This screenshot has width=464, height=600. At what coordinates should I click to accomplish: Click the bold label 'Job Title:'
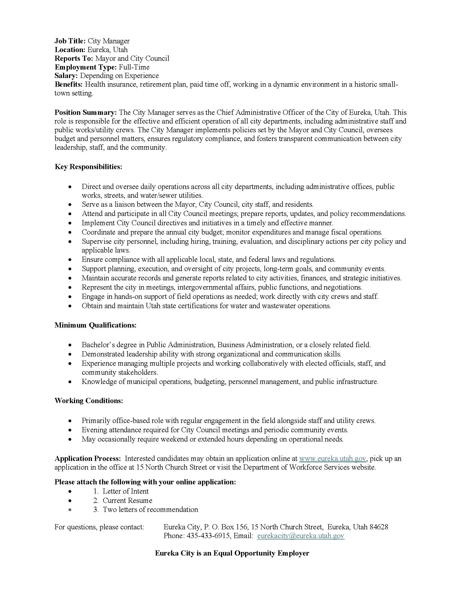70,41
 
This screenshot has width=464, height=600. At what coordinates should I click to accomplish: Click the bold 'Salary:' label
66,76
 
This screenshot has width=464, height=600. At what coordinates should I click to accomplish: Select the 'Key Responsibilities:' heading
88,167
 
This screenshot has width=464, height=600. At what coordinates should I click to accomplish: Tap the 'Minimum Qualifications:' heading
95,325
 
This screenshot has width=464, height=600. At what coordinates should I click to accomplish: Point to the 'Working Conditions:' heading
88,401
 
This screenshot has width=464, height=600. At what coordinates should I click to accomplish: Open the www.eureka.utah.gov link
332,458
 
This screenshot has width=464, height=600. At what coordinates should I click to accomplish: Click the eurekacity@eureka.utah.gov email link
301,536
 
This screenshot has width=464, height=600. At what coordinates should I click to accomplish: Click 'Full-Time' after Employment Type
134,67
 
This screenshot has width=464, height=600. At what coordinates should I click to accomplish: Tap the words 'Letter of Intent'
126,491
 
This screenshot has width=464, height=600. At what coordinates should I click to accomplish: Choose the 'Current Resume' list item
127,500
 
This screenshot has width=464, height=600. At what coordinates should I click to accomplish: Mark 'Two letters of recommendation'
150,510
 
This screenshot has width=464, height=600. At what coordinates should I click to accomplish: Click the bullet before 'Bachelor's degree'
71,345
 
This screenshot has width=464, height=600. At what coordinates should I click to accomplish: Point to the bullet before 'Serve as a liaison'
71,205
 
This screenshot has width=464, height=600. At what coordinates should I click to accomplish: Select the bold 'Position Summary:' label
86,113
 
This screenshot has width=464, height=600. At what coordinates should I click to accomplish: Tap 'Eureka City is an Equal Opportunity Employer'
232,553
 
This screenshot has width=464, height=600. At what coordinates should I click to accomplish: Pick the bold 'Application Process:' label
87,458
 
